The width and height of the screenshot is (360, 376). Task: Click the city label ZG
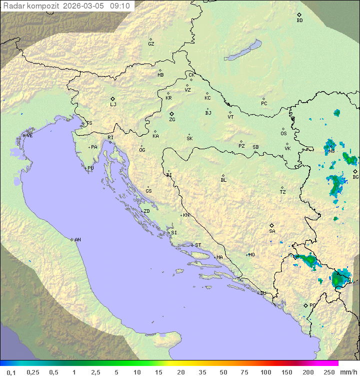tap(172, 120)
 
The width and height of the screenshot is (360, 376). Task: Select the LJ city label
tap(113, 105)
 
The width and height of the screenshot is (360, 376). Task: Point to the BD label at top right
tap(299, 21)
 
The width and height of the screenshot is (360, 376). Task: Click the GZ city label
tap(151, 44)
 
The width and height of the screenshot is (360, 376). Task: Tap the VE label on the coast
tap(29, 136)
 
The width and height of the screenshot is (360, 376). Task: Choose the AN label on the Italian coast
tap(77, 240)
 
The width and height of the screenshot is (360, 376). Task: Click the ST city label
tap(198, 245)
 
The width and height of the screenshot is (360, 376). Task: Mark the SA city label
tap(272, 231)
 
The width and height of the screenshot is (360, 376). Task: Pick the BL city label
tap(223, 180)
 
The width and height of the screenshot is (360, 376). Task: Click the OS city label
tap(283, 134)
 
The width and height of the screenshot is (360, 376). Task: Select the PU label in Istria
tap(90, 168)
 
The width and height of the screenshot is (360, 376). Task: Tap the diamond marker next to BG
tap(355, 171)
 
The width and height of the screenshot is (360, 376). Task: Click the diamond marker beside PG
tap(305, 305)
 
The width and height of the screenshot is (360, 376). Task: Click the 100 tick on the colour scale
tap(265, 372)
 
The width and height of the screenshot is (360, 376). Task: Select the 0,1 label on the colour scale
tap(11, 372)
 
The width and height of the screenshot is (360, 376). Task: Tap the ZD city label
tap(146, 211)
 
